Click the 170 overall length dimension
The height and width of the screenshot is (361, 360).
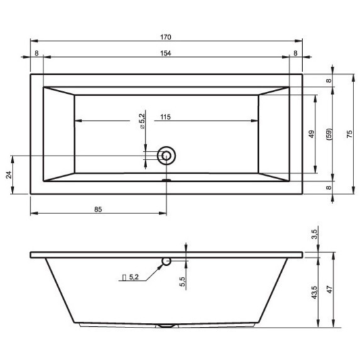click(x=166, y=37)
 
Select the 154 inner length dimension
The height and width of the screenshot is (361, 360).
click(x=166, y=53)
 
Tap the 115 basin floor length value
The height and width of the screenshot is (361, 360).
click(x=166, y=117)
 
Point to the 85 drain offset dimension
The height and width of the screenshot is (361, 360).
click(x=98, y=209)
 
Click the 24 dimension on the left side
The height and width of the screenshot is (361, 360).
click(x=9, y=175)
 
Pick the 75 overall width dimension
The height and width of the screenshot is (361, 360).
click(x=349, y=134)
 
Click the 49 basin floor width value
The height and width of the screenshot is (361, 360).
click(x=311, y=134)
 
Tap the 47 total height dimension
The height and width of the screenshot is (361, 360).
click(x=330, y=289)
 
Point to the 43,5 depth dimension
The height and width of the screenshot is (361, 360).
click(x=315, y=292)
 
